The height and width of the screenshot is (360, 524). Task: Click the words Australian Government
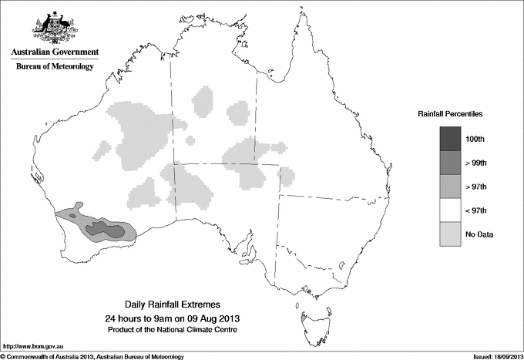click(x=55, y=52)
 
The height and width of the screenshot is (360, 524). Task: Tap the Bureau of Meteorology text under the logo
click(x=55, y=67)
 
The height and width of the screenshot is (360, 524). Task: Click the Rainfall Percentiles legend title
click(x=450, y=113)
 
